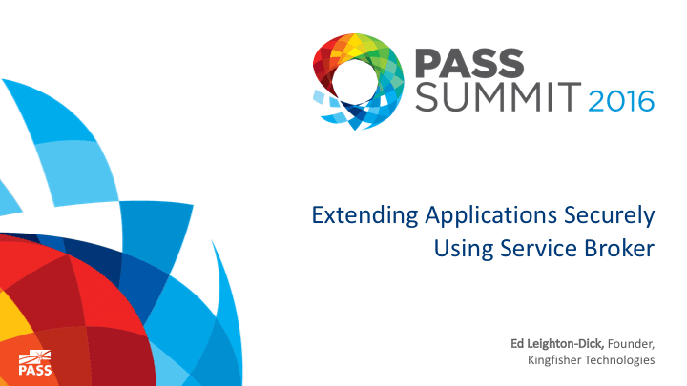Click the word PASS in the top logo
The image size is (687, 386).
coord(469,64)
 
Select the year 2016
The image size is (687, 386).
coord(621,101)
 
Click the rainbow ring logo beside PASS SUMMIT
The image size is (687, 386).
coord(358,81)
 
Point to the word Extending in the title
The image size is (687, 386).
coord(364,216)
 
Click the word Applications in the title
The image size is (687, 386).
coord(491,216)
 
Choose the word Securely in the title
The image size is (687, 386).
coord(610,216)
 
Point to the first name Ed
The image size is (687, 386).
coord(517,343)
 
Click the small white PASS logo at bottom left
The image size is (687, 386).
coord(35,363)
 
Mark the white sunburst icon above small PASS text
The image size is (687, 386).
coord(34,357)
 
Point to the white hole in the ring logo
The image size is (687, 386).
coord(355,82)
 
